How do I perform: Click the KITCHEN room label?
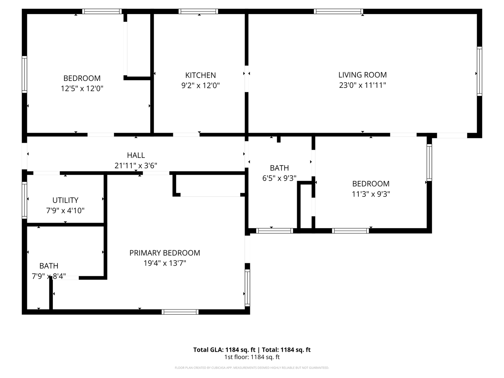tap(200, 75)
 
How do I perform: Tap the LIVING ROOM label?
tap(362, 75)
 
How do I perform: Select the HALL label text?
tap(136, 155)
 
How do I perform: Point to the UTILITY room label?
tap(65, 200)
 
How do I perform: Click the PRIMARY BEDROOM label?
tap(164, 253)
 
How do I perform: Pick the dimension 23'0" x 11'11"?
tap(362, 85)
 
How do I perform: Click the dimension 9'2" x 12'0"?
tap(200, 85)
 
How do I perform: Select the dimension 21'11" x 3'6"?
tap(136, 166)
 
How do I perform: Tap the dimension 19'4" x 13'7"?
tap(164, 263)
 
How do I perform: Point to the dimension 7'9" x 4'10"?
tap(65, 211)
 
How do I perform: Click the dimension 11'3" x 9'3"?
tap(371, 194)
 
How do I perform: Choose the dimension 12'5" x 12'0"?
tap(82, 89)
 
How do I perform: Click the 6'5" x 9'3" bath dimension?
tap(279, 178)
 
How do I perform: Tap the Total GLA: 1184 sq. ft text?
tap(224, 350)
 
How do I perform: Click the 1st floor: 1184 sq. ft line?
tap(252, 357)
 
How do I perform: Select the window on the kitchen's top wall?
tap(198, 12)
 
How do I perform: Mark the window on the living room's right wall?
tap(479, 71)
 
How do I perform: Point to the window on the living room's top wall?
tap(338, 12)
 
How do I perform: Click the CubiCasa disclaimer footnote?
tap(252, 368)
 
